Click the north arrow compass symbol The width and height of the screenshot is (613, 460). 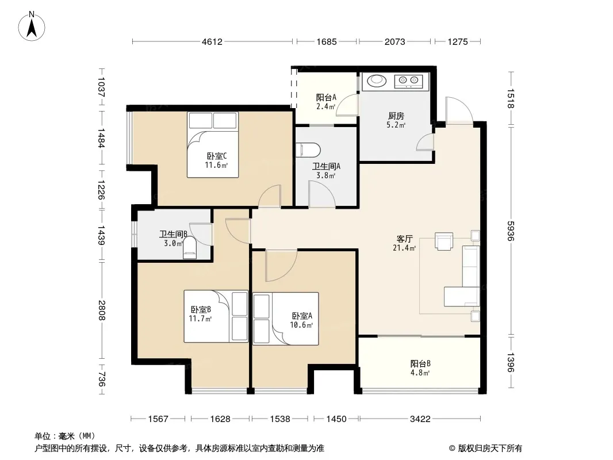pos(32,26)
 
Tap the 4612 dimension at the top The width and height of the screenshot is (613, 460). pos(212,41)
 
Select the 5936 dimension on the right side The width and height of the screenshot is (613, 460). pos(511,231)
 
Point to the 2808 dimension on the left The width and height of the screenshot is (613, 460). pos(102,310)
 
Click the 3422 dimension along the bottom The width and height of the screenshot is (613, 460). pos(420,419)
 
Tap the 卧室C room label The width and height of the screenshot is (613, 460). pos(217,156)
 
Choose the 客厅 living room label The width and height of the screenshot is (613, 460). pos(405,239)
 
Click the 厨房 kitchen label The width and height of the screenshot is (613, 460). pos(396,116)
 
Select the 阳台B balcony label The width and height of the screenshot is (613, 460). pos(420,363)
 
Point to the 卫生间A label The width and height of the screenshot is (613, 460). pos(326,166)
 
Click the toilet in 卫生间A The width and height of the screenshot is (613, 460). pos(308,150)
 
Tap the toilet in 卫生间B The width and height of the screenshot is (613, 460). pos(190,248)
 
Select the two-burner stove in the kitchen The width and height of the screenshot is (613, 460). pos(408,81)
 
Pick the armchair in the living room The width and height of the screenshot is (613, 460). pos(444,241)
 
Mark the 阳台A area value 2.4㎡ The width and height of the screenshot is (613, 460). pos(325,106)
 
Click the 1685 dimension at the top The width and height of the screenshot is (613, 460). pos(327,41)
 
